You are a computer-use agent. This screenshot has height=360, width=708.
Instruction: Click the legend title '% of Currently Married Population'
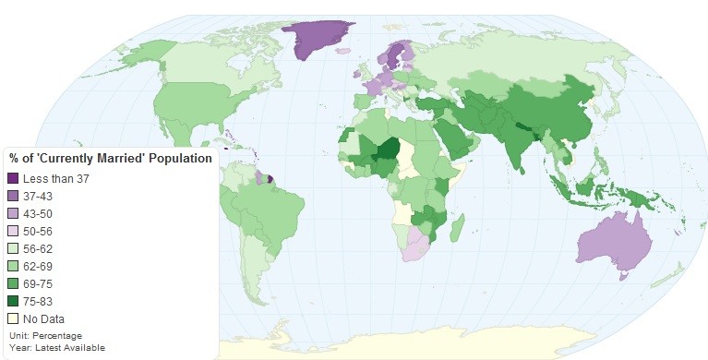[111, 159]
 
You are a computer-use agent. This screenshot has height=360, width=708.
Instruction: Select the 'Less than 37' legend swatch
[13, 178]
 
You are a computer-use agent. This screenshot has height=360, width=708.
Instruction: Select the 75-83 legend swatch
[13, 300]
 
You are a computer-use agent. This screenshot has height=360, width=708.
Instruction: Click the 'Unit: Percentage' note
[45, 335]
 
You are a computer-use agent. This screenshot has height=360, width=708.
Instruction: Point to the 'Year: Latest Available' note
[56, 347]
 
